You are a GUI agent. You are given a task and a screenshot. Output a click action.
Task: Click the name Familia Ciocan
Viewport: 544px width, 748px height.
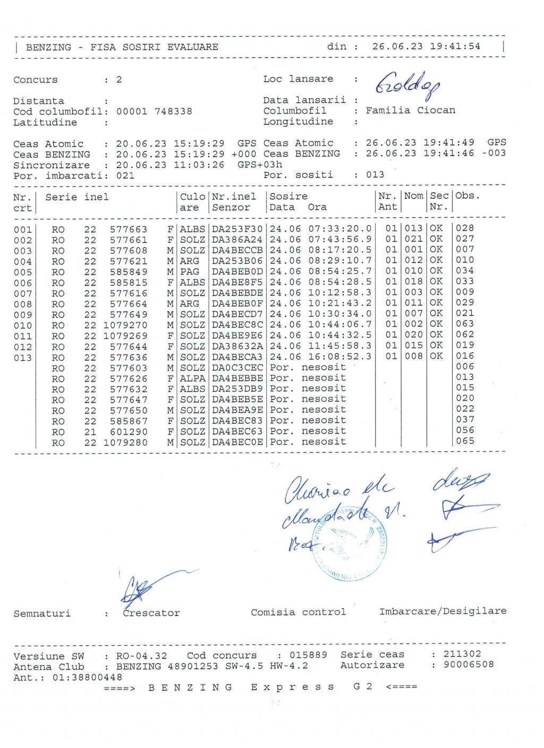(x=410, y=110)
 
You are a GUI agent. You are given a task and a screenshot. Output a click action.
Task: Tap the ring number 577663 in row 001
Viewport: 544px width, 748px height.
(x=129, y=229)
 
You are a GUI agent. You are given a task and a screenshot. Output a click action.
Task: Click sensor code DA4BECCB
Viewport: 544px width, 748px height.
(x=237, y=250)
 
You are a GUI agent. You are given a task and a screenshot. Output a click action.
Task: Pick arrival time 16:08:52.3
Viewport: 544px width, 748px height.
(x=340, y=356)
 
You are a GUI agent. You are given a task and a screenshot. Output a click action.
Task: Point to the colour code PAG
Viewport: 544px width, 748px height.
(x=190, y=271)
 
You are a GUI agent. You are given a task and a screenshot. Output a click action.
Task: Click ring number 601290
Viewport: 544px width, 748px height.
(x=129, y=432)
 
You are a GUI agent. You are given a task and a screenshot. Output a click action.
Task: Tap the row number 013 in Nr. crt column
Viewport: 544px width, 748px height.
(x=23, y=358)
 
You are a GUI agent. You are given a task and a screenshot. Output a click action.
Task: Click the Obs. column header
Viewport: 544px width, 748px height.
(x=467, y=196)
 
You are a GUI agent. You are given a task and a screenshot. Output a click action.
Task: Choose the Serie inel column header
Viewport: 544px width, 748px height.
(x=77, y=197)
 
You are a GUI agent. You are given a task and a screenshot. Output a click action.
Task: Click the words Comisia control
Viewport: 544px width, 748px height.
(x=298, y=612)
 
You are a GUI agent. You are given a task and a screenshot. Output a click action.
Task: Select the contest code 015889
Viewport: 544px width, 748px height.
(x=309, y=655)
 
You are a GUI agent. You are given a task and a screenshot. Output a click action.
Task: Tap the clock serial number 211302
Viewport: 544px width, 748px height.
(x=462, y=654)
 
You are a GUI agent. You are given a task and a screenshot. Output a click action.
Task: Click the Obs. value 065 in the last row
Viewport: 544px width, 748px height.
(x=465, y=441)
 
